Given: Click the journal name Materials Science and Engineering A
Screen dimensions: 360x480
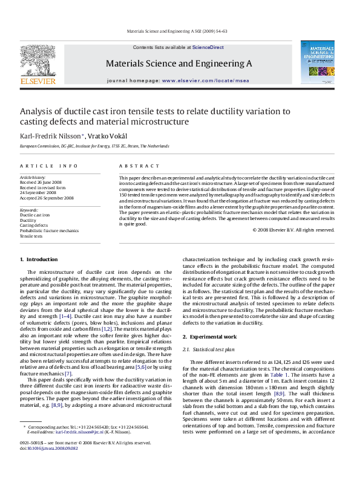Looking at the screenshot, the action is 178,63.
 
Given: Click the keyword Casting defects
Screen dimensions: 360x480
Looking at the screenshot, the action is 34,225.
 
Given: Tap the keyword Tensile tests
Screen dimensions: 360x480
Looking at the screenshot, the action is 31,235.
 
